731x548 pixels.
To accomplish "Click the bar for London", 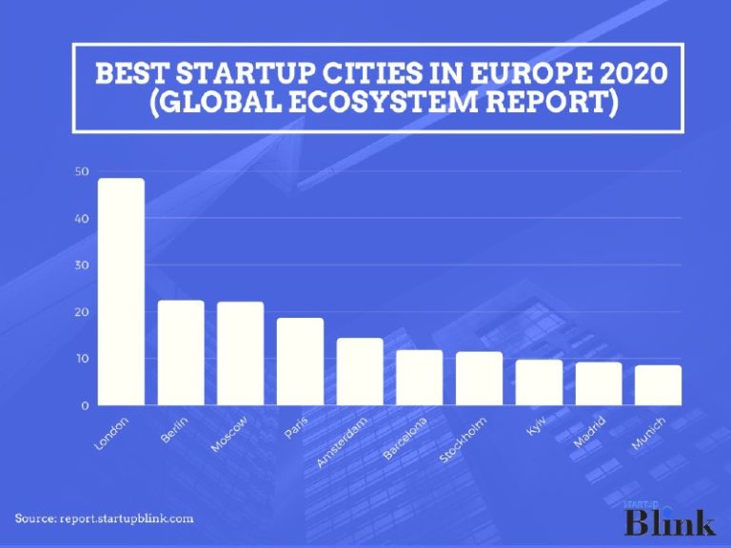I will pos(121,291).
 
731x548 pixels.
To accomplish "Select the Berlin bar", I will pos(181,353).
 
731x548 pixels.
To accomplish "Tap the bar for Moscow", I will pos(240,354).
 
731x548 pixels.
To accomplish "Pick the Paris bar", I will pos(300,362).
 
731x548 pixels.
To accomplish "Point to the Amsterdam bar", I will pos(360,372).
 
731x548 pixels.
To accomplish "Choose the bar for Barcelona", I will pos(420,378).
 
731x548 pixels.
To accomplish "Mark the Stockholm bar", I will pos(479,379).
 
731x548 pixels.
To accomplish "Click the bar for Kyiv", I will pos(539,382).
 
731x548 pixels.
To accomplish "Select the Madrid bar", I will pos(599,383).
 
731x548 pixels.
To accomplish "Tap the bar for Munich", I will pos(658,385).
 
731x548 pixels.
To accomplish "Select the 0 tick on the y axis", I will pos(85,405).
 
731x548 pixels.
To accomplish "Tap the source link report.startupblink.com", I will pos(128,519).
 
